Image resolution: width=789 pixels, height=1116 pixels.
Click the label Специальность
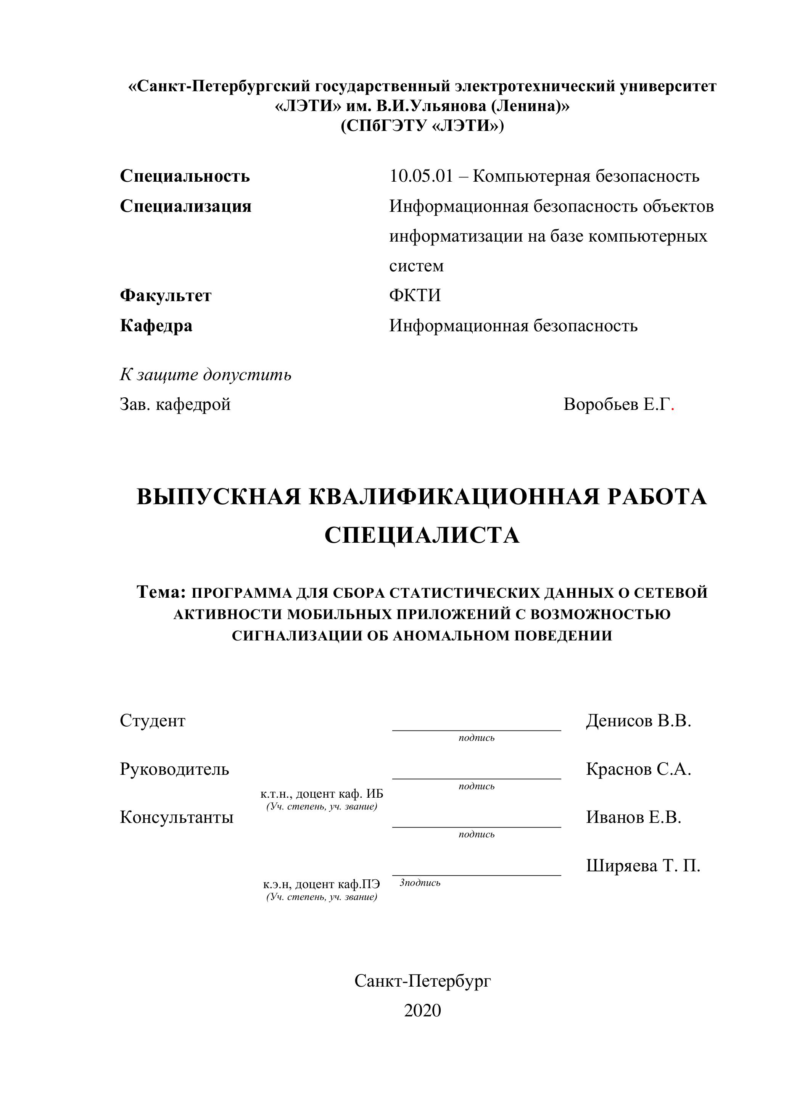pyautogui.click(x=185, y=176)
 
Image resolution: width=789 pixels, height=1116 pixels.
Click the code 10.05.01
pyautogui.click(x=421, y=176)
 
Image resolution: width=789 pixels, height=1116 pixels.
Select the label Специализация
pyautogui.click(x=185, y=206)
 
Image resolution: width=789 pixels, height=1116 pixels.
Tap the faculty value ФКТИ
pyautogui.click(x=415, y=295)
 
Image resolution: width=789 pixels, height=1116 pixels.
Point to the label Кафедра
pyautogui.click(x=156, y=325)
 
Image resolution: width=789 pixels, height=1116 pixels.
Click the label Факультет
pyautogui.click(x=166, y=295)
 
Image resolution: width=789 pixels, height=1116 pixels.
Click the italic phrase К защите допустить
pyautogui.click(x=206, y=374)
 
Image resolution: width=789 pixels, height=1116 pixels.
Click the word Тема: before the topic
pyautogui.click(x=161, y=592)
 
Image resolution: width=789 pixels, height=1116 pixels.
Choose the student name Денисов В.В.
pyautogui.click(x=638, y=720)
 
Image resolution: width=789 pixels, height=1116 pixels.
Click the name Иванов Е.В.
pyautogui.click(x=633, y=817)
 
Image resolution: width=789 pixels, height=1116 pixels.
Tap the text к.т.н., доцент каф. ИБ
pyautogui.click(x=322, y=794)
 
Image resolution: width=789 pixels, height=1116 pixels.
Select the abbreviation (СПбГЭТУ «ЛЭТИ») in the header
pyautogui.click(x=422, y=126)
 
